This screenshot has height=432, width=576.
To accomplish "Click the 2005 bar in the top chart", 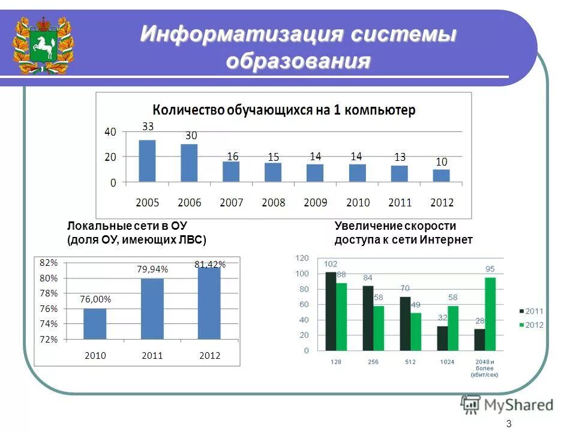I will pyautogui.click(x=147, y=161).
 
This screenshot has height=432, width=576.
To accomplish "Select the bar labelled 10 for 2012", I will pyautogui.click(x=441, y=175).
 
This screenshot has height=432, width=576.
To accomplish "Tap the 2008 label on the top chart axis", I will pyautogui.click(x=274, y=203).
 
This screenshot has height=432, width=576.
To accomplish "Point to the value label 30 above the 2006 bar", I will pyautogui.click(x=191, y=136).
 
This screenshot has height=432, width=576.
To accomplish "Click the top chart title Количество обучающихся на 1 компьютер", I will pyautogui.click(x=284, y=110).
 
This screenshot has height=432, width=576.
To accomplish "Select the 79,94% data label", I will pyautogui.click(x=152, y=270).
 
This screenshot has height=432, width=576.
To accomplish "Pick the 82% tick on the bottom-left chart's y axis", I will pyautogui.click(x=49, y=263).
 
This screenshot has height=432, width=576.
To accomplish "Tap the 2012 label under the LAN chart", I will pyautogui.click(x=210, y=356).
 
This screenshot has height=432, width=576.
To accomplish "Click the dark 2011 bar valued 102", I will pyautogui.click(x=331, y=311).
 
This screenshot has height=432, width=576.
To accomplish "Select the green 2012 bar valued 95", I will pyautogui.click(x=490, y=314).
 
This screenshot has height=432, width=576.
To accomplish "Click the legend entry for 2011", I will pyautogui.click(x=531, y=311).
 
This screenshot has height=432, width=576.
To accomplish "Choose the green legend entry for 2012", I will pyautogui.click(x=531, y=325).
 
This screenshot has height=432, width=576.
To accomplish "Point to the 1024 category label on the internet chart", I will pyautogui.click(x=446, y=362).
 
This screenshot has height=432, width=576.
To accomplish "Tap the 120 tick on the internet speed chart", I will pyautogui.click(x=302, y=258).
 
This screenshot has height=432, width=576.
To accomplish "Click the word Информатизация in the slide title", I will pyautogui.click(x=240, y=34).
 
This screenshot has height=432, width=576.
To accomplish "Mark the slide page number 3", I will pyautogui.click(x=509, y=424).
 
